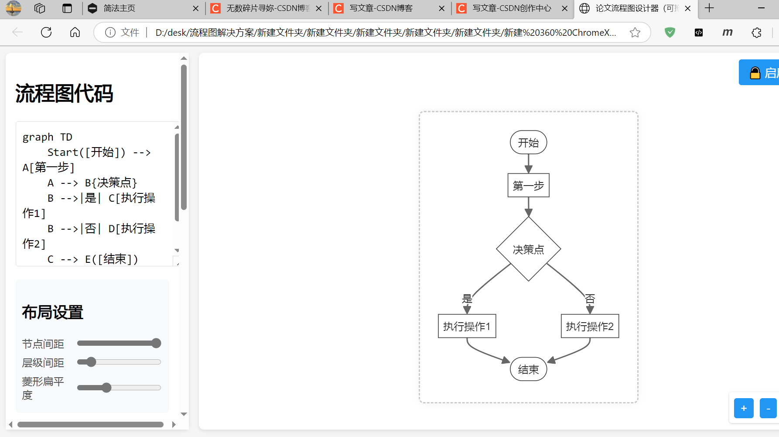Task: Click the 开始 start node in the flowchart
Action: [528, 143]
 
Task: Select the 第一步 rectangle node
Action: [528, 186]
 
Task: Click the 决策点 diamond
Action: [528, 249]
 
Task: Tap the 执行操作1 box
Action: [467, 326]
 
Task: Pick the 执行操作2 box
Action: [590, 326]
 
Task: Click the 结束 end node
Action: [528, 369]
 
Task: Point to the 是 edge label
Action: [467, 299]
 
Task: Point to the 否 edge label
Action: [590, 299]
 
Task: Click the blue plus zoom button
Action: [744, 408]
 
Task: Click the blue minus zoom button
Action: [768, 408]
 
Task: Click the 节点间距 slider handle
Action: [156, 343]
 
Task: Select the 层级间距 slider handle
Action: [91, 362]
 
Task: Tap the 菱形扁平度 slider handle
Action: [106, 388]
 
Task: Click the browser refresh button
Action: [46, 32]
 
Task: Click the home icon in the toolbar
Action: [75, 32]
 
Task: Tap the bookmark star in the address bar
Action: [635, 32]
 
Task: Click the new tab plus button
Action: [710, 8]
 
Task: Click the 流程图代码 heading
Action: [65, 93]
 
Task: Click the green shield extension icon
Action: [670, 32]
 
